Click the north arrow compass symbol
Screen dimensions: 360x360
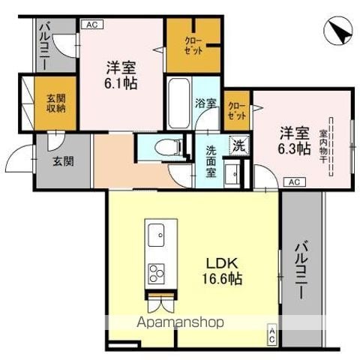pos(339,31)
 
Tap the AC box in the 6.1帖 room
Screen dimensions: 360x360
pos(92,24)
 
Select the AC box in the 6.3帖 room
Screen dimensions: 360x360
pos(295,181)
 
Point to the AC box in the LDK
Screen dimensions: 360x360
pos(272,335)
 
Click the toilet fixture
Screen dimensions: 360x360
pos(167,146)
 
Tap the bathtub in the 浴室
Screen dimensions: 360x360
pos(178,103)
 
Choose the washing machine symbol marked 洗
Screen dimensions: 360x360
pos(239,145)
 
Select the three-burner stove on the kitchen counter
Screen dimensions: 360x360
pos(156,274)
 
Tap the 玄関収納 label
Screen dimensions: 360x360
pos(56,103)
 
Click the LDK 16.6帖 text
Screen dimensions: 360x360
pos(221,271)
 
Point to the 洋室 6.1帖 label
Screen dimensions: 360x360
pos(121,75)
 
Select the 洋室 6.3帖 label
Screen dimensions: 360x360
pos(294,140)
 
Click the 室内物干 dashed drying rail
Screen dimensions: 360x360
pos(331,147)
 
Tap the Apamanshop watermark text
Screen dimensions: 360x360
pos(180,322)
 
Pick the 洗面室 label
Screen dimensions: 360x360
pos(211,161)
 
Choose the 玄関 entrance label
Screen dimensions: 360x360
pos(63,161)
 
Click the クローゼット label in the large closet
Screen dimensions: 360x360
pos(193,46)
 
